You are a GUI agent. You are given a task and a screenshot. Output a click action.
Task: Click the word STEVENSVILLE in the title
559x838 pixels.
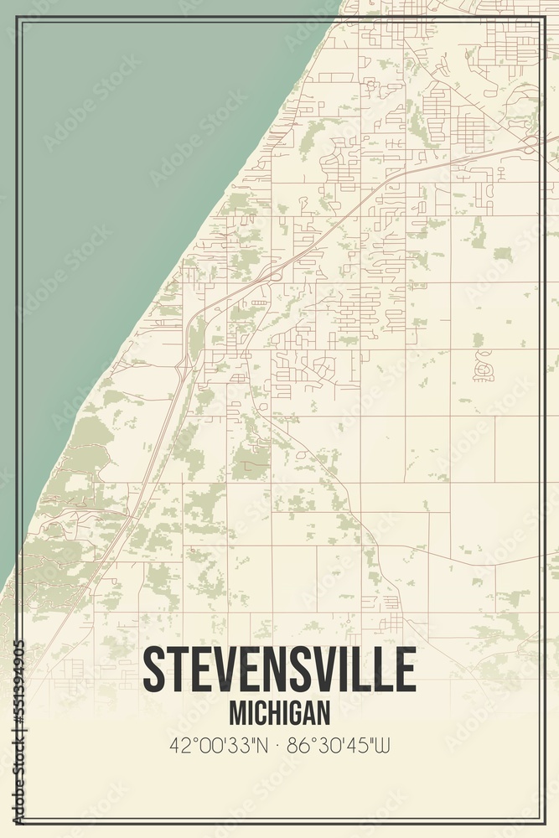pyautogui.click(x=279, y=669)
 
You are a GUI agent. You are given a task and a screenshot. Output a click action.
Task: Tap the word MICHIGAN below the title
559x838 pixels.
pyautogui.click(x=279, y=713)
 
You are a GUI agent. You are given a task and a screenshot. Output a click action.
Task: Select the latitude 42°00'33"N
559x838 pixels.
pyautogui.click(x=218, y=743)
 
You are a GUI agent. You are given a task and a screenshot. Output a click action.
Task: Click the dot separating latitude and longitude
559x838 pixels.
pyautogui.click(x=280, y=744)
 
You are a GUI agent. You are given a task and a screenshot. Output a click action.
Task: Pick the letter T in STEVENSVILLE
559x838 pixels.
pyautogui.click(x=178, y=669)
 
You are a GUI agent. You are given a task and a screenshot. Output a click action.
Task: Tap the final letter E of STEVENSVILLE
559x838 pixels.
pyautogui.click(x=404, y=669)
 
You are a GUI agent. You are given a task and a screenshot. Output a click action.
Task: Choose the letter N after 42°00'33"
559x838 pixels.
pyautogui.click(x=262, y=743)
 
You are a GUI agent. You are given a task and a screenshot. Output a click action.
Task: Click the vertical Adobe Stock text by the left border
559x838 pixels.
pyautogui.click(x=18, y=779)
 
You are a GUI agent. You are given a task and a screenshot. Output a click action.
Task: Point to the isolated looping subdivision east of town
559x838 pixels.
pyautogui.click(x=484, y=366)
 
